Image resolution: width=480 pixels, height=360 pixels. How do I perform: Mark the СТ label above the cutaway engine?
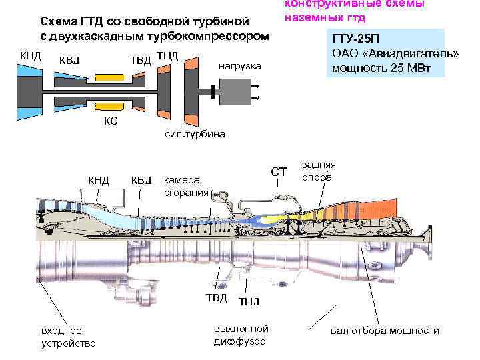(278, 172)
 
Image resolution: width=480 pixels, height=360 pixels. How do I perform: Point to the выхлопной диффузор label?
(241, 335)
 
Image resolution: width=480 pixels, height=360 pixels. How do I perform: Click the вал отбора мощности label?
(385, 331)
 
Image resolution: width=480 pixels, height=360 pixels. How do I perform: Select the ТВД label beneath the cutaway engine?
(216, 297)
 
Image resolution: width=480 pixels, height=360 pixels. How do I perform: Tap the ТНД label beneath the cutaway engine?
(249, 302)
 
